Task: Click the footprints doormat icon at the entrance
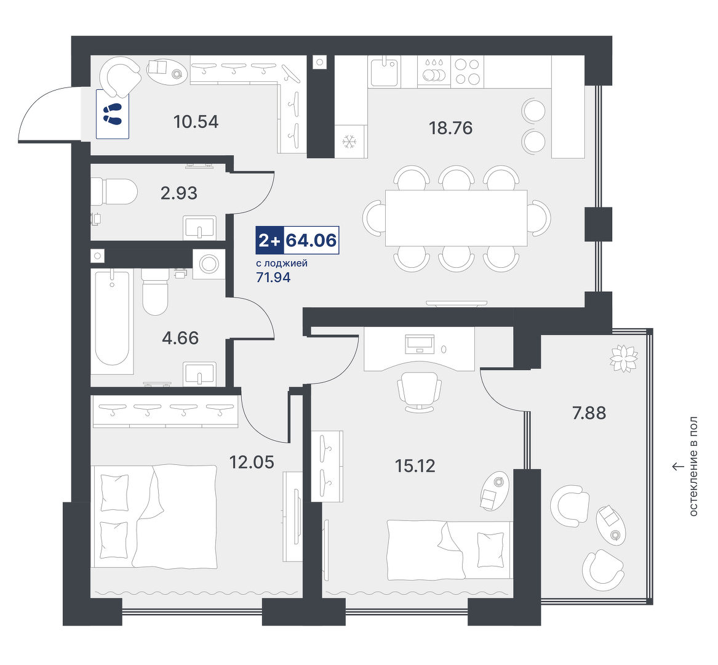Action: (112, 114)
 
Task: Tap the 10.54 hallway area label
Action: (196, 122)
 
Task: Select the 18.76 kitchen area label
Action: (450, 128)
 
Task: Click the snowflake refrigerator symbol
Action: (350, 141)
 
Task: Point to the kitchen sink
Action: (384, 71)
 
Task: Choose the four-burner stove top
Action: (468, 71)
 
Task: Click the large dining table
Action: (456, 218)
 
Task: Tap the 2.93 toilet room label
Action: (179, 193)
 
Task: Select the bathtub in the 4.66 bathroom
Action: (112, 318)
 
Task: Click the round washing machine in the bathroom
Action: (209, 264)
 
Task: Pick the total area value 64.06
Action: (311, 240)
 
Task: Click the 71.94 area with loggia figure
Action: (273, 277)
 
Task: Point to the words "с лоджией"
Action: (282, 264)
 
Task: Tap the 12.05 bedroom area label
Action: (252, 462)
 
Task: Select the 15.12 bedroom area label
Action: (415, 466)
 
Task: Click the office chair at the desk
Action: (419, 392)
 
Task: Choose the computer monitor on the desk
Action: (420, 344)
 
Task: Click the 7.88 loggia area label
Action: (589, 413)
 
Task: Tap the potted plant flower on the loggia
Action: (624, 358)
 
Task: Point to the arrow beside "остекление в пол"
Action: (678, 467)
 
